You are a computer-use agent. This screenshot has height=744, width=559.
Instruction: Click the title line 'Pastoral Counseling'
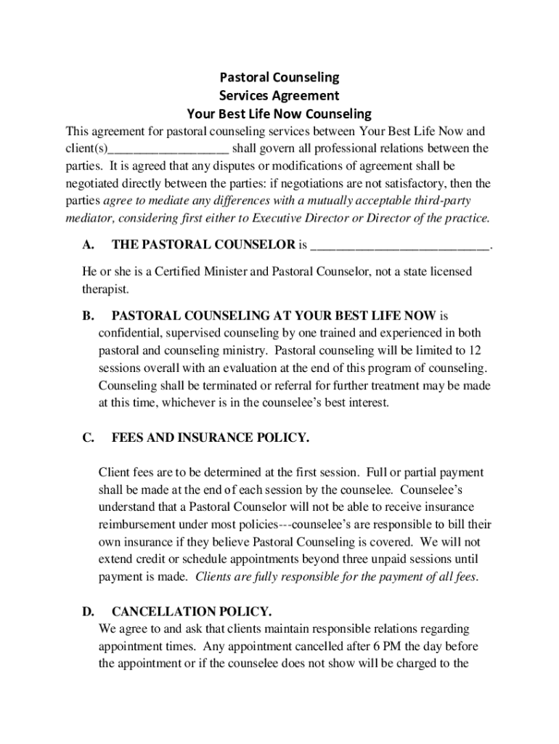coord(279,77)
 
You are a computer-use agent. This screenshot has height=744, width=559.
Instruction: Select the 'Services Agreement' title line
coord(279,95)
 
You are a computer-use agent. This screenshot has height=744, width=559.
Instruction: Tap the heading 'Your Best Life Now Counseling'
coord(279,114)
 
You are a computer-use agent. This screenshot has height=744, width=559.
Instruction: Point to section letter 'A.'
coord(89,245)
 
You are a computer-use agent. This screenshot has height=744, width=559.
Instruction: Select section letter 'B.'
coord(89,316)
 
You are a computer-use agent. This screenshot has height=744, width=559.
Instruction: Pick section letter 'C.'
coord(89,437)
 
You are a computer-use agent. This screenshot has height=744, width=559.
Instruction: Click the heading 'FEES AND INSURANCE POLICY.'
coord(211,437)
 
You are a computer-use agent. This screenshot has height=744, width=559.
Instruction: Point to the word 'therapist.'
coord(105,289)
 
